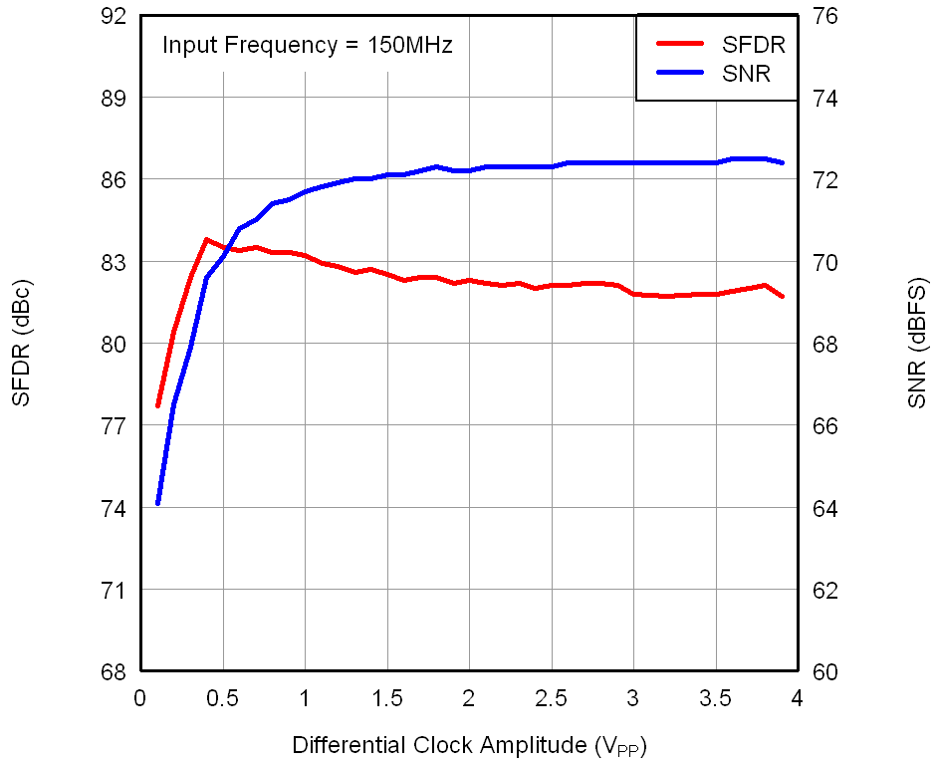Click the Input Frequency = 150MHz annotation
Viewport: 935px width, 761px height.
[307, 45]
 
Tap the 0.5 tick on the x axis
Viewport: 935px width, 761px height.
[222, 697]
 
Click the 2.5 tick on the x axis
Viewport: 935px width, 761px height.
[551, 697]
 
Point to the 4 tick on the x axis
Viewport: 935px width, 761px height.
[797, 697]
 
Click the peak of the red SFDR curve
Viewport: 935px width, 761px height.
[206, 239]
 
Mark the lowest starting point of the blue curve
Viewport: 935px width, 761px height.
[157, 503]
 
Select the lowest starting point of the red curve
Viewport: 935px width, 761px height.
[157, 405]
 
